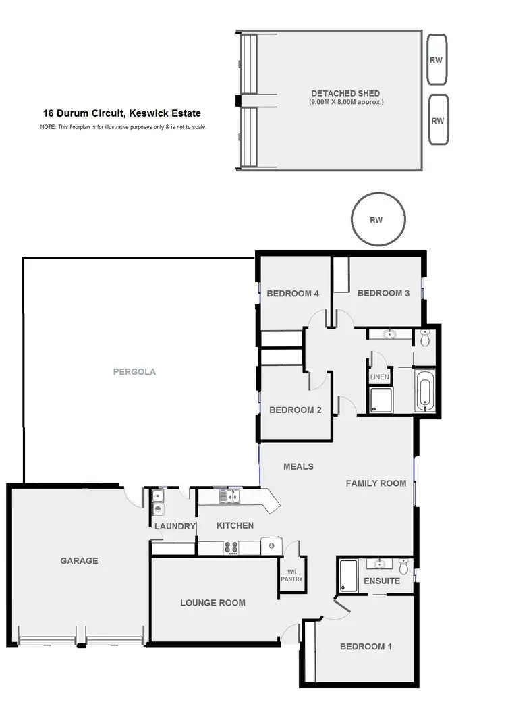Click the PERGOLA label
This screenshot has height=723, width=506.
tap(134, 371)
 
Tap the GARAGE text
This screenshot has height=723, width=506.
tap(79, 560)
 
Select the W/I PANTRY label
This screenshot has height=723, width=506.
tap(292, 574)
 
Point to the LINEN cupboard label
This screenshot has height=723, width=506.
tap(379, 377)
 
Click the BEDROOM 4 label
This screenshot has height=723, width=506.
tap(293, 293)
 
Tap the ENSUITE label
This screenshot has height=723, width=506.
tap(382, 581)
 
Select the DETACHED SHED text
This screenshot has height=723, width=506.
tap(345, 93)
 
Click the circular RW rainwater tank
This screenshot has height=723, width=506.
tap(378, 219)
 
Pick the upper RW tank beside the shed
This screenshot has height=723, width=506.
tap(437, 59)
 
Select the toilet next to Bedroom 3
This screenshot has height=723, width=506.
tap(424, 337)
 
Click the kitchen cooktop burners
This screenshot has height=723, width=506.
tap(232, 547)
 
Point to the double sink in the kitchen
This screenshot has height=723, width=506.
tap(229, 498)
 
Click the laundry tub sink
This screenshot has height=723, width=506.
tap(157, 509)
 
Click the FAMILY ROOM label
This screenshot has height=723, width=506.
tap(376, 483)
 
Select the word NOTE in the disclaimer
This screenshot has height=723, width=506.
tap(47, 127)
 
